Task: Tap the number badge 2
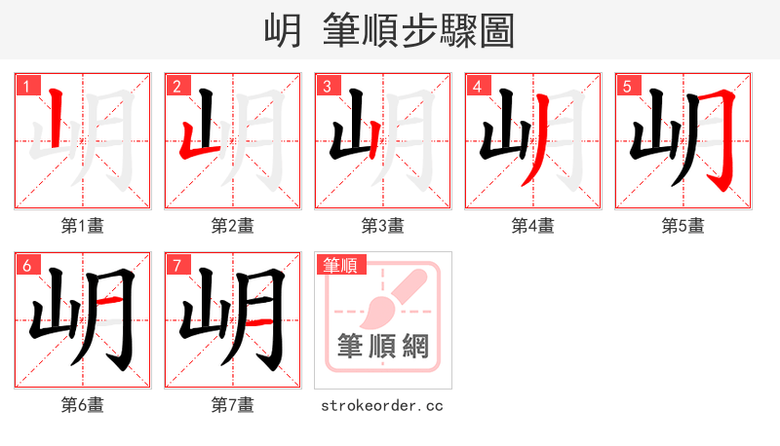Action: (x=176, y=86)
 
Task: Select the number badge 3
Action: (x=327, y=86)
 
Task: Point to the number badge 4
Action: (x=477, y=86)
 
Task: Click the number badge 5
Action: (x=627, y=86)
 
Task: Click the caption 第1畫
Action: (x=83, y=226)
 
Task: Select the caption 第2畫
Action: (x=233, y=226)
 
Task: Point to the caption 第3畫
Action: (x=383, y=226)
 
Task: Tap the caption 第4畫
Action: (x=533, y=226)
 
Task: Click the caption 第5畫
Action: (x=683, y=226)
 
